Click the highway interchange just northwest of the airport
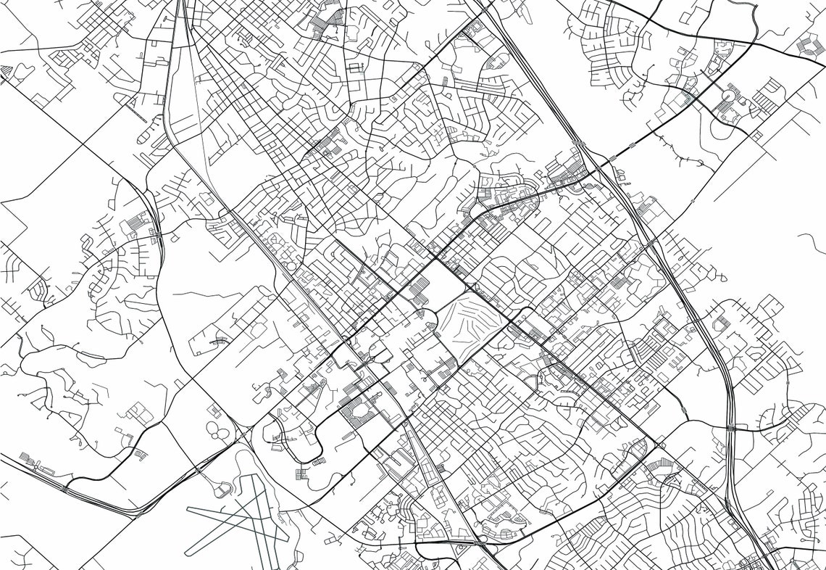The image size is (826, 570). click(x=197, y=470)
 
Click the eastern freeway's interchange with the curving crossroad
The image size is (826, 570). click(x=732, y=428)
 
